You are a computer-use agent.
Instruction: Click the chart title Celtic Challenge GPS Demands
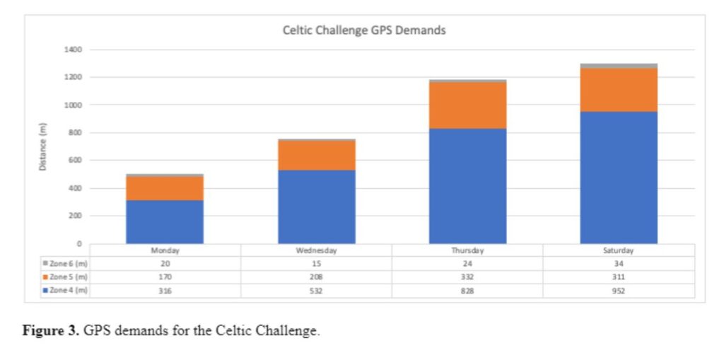click(x=363, y=30)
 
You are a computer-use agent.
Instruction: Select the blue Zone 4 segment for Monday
click(x=165, y=222)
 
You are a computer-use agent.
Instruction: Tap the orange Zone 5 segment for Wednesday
click(x=316, y=155)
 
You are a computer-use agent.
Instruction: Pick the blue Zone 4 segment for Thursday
click(x=467, y=186)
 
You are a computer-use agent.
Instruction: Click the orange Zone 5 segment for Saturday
click(x=619, y=90)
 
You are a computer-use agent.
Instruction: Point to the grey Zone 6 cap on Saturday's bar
click(x=619, y=66)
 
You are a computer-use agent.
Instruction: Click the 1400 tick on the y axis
click(x=75, y=50)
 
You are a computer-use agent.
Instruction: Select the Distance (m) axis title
click(x=43, y=146)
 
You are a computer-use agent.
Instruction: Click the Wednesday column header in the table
click(x=316, y=250)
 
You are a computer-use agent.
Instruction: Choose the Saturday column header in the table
click(x=619, y=250)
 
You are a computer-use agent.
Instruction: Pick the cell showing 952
click(x=619, y=290)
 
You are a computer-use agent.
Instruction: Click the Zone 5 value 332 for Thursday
click(x=467, y=277)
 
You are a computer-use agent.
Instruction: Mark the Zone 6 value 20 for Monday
click(x=165, y=263)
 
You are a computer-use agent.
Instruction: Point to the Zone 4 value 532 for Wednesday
click(x=316, y=290)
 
